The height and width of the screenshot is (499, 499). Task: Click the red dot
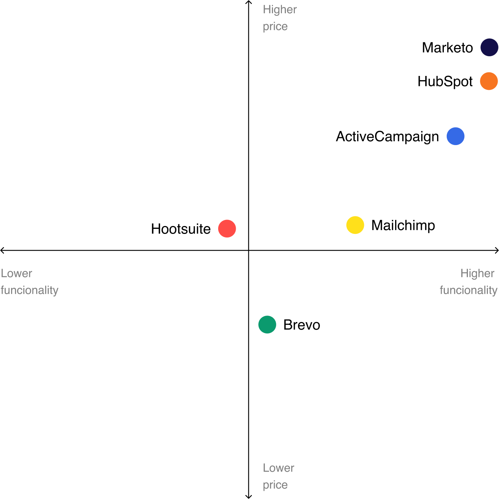click(x=227, y=229)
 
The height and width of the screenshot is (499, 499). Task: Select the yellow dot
click(x=355, y=225)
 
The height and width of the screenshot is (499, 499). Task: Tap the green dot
click(x=267, y=325)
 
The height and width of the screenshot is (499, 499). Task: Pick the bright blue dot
click(x=455, y=136)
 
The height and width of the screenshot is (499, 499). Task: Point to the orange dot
click(x=489, y=81)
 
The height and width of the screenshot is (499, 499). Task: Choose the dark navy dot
click(x=489, y=47)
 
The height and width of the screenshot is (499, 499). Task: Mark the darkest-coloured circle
click(x=489, y=47)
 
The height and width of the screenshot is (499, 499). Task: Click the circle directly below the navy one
click(x=489, y=81)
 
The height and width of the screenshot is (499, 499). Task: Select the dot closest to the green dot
click(x=227, y=229)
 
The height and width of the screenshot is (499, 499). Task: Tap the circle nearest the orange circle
click(x=489, y=47)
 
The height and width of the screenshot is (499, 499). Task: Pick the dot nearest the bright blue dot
click(x=489, y=81)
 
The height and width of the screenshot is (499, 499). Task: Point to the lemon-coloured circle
click(x=355, y=225)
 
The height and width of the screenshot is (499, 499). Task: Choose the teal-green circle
click(x=267, y=325)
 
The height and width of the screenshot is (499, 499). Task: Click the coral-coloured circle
click(x=227, y=229)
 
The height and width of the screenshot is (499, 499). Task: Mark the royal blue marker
click(x=455, y=136)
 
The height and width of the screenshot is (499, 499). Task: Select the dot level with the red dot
click(x=355, y=225)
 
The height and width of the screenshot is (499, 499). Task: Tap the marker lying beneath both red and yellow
click(x=267, y=325)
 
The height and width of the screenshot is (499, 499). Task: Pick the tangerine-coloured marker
click(x=489, y=81)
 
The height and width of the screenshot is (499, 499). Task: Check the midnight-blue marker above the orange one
click(x=489, y=47)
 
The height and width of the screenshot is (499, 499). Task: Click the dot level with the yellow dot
click(x=227, y=229)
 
